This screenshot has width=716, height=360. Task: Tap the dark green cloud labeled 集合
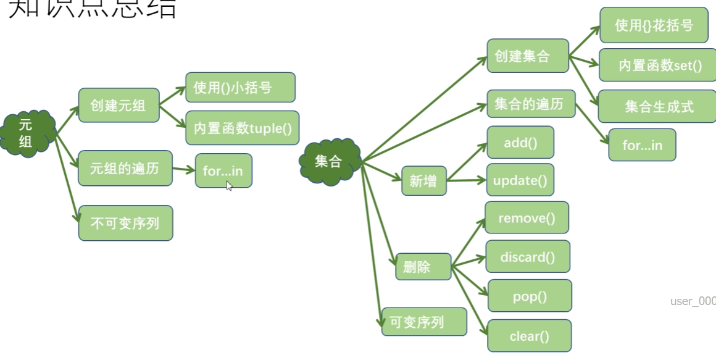(x=329, y=161)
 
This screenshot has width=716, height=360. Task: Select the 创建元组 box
(x=119, y=105)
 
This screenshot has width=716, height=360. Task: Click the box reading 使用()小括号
(x=240, y=88)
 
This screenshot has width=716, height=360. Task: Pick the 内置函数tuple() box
(x=242, y=128)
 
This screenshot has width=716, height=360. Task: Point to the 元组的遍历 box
(x=125, y=167)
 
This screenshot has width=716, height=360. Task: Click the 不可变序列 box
(x=125, y=223)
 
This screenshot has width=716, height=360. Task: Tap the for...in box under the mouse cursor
(x=223, y=170)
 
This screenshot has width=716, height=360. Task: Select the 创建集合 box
(x=527, y=57)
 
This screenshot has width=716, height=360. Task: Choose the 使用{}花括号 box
(x=654, y=26)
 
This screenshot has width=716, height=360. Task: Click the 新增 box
(x=423, y=181)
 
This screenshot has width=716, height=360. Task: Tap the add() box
(x=520, y=143)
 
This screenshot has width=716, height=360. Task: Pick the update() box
(x=520, y=180)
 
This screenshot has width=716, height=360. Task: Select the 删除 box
(x=423, y=267)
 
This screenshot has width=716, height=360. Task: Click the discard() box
(x=527, y=257)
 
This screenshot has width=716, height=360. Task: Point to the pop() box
(x=530, y=296)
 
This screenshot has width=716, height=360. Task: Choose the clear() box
(x=529, y=336)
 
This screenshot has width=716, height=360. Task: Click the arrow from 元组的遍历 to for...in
(x=184, y=169)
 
